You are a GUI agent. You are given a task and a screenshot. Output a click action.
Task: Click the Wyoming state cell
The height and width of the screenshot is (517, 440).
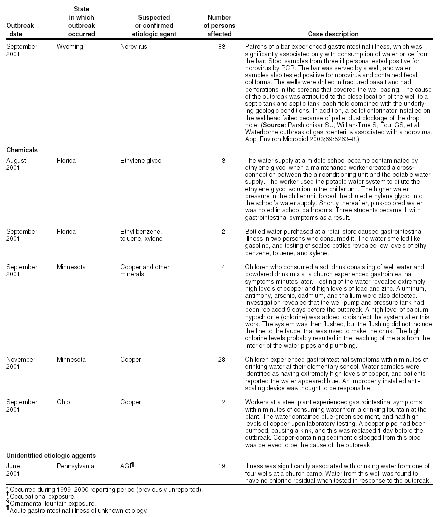pos(70,47)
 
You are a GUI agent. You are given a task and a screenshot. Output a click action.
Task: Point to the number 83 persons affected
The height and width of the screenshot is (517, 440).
pos(221,47)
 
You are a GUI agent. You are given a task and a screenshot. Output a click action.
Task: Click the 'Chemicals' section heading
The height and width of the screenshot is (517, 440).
pos(21,150)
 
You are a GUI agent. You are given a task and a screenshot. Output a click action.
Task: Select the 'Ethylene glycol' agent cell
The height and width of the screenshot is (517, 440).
pos(142,161)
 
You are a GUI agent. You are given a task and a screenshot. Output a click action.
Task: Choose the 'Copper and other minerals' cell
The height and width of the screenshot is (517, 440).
pos(145,270)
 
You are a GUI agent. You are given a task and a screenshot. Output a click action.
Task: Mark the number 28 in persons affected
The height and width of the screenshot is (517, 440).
pos(221,360)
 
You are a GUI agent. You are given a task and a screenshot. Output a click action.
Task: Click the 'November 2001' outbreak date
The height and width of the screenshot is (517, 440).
pos(20,363)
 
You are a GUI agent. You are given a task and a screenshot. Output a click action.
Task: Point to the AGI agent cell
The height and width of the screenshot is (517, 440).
pos(127,466)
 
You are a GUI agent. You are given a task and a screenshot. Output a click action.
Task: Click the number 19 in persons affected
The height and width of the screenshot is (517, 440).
pos(221,466)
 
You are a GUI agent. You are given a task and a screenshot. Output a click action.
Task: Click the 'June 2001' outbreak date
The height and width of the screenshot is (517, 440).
pos(14,469)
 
